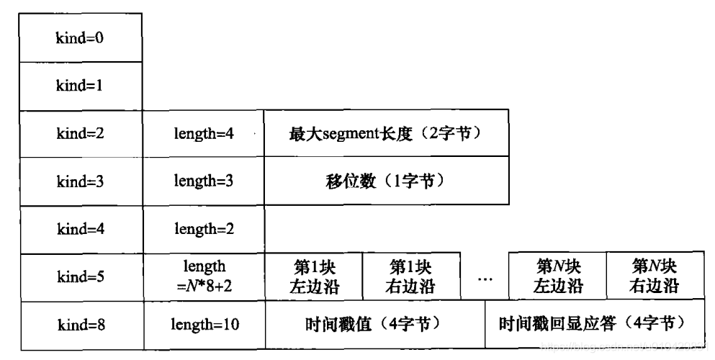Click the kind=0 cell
[81, 37]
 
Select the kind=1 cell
[81, 86]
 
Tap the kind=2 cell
[81, 134]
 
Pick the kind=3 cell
[81, 181]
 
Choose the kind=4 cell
[81, 229]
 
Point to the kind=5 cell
[81, 277]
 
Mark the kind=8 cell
[81, 325]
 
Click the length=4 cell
[204, 134]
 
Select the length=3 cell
[204, 181]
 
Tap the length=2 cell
[204, 229]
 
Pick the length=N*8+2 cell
[204, 277]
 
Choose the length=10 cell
[204, 325]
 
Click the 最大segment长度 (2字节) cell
[386, 134]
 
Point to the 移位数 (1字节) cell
[386, 181]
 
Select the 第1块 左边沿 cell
[314, 277]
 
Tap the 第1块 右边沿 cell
[411, 277]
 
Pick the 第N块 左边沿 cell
[557, 277]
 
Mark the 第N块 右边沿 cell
[654, 277]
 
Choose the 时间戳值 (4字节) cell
[375, 325]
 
